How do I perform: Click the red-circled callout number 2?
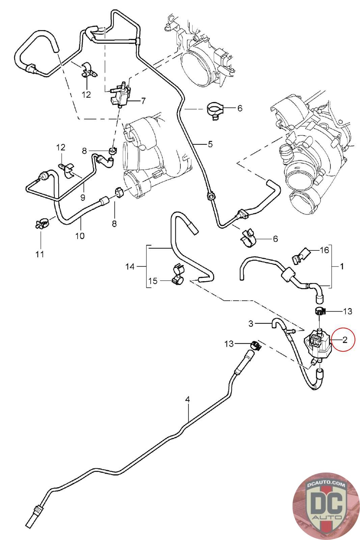[x=344, y=340]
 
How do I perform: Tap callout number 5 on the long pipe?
[x=210, y=144]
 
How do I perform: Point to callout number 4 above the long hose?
[x=188, y=400]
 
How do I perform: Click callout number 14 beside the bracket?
[x=130, y=267]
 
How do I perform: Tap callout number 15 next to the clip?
[x=153, y=281]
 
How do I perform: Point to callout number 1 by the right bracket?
[x=342, y=266]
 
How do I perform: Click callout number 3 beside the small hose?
[x=251, y=324]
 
